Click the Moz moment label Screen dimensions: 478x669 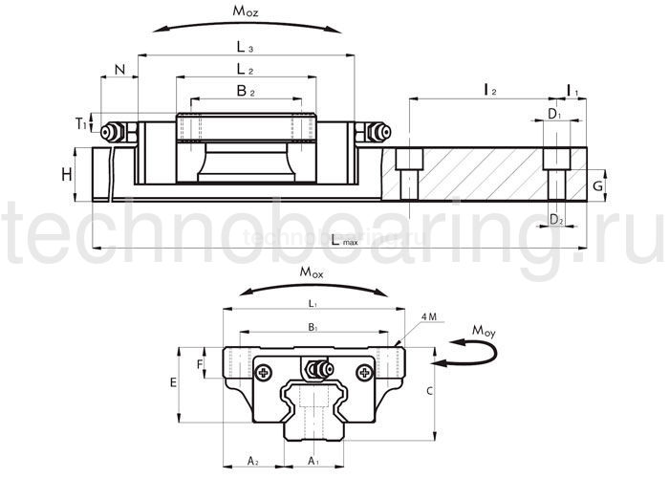[246, 11]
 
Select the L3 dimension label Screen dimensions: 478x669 [245, 46]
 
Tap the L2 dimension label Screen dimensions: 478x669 [245, 69]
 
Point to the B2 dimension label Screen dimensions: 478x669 [246, 91]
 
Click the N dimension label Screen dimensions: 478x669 [119, 69]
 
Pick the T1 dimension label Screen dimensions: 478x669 [82, 123]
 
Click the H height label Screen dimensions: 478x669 [65, 174]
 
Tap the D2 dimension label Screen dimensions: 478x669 [556, 220]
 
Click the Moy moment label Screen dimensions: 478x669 [486, 331]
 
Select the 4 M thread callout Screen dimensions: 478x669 [429, 316]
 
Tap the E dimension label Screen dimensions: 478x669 [172, 382]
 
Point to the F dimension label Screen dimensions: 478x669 [199, 363]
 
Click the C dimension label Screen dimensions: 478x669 [432, 390]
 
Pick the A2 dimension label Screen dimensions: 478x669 [253, 462]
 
